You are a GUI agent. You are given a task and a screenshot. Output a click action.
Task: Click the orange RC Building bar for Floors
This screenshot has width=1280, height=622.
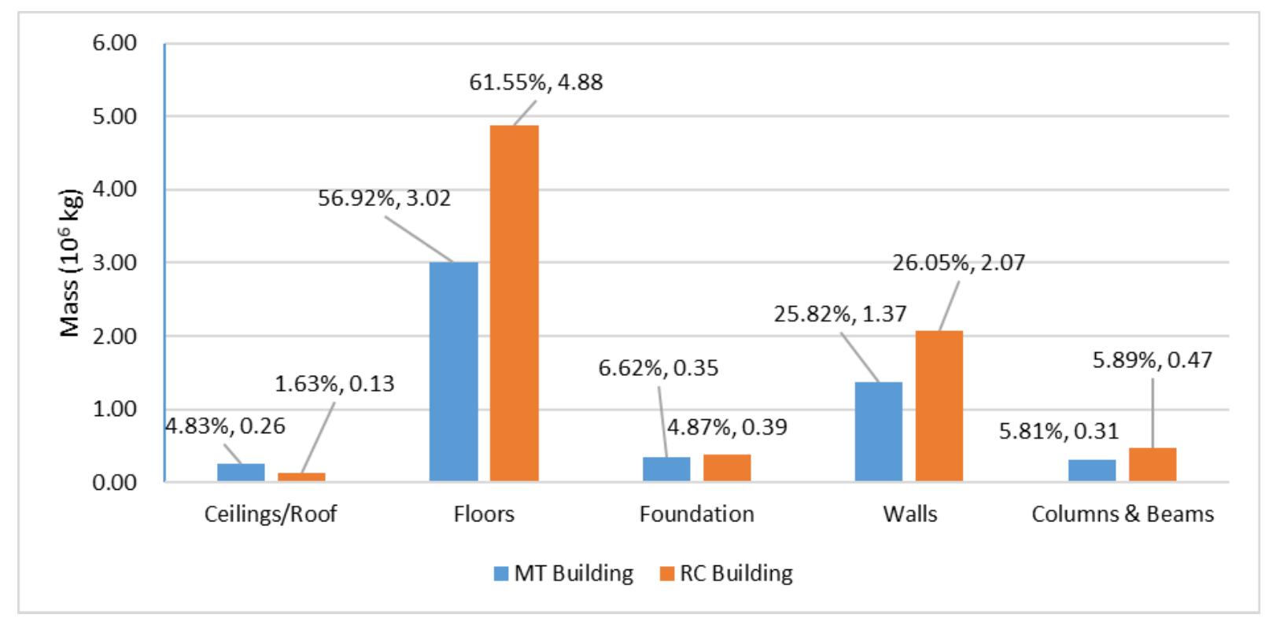[x=514, y=303]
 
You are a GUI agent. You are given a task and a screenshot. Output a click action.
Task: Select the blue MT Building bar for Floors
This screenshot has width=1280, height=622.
[x=453, y=371]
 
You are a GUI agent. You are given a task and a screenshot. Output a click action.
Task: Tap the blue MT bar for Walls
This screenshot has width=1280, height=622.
[x=878, y=431]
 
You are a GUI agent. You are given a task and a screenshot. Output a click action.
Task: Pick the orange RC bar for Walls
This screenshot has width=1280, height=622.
[x=939, y=406]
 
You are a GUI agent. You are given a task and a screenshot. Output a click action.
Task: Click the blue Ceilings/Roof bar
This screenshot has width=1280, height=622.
[x=241, y=473]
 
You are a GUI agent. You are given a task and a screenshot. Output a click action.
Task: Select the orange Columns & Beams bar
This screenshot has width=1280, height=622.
[x=1152, y=465]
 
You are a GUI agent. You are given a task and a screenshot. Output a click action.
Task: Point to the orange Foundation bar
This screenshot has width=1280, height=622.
[x=726, y=468]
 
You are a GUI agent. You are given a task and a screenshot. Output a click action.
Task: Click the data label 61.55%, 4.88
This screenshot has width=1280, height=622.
[x=536, y=82]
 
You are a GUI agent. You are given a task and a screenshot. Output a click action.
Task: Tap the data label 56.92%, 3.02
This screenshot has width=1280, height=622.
[x=384, y=197]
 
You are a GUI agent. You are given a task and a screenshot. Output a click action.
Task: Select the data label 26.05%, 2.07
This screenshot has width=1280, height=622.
[x=958, y=262]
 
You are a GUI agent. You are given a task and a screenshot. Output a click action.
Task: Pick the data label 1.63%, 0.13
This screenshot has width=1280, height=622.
[x=334, y=384]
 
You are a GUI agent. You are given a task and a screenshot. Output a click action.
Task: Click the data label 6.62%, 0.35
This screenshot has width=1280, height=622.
[x=658, y=367]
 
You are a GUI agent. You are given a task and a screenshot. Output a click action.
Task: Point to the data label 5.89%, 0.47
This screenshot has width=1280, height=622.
[x=1153, y=360]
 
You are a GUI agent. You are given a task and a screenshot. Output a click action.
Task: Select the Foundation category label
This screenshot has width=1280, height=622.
[x=696, y=514]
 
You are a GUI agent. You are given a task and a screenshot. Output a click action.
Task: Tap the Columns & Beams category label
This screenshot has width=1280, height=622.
[x=1122, y=514]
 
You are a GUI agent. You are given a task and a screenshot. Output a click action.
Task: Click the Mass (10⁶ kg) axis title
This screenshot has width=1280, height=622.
[x=72, y=263]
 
